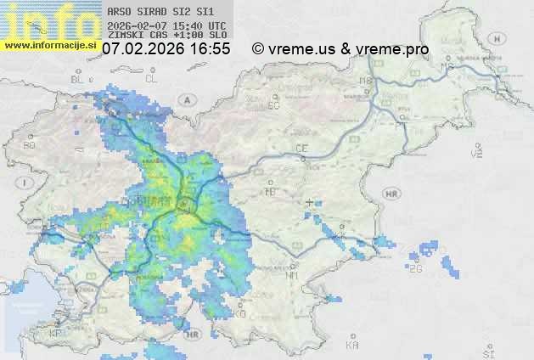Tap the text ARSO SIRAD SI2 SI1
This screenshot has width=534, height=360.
pyautogui.click(x=154, y=13)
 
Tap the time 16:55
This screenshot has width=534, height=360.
pyautogui.click(x=210, y=50)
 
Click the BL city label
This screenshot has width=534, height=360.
pyautogui.click(x=78, y=79)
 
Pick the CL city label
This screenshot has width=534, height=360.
pyautogui.click(x=152, y=79)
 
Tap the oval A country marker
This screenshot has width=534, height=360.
pyautogui.click(x=186, y=99)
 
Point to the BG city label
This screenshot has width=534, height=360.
pyautogui.click(x=30, y=145)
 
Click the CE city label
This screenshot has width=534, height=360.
pyautogui.click(x=301, y=149)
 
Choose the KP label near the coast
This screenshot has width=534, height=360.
pyautogui.click(x=56, y=334)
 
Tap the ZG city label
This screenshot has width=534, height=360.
pyautogui.click(x=416, y=269)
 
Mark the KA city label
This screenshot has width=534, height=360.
pyautogui.click(x=352, y=346)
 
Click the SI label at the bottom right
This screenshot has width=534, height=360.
pyautogui.click(x=487, y=351)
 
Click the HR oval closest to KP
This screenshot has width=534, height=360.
pyautogui.click(x=194, y=335)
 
